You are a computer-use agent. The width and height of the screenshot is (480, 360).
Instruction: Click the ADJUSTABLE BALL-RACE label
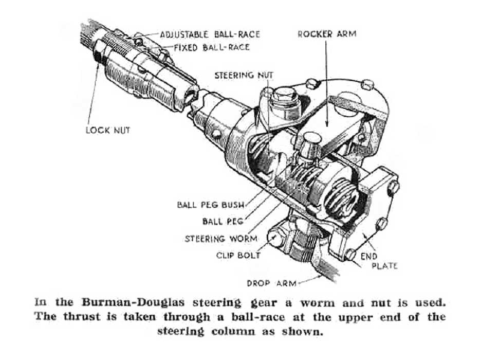(209, 34)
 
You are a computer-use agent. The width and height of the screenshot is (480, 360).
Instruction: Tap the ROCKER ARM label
(326, 34)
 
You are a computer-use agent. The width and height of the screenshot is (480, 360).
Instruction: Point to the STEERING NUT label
(244, 75)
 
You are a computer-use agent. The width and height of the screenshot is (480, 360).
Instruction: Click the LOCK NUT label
(107, 130)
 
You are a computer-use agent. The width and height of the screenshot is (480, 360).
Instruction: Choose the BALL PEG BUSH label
(211, 204)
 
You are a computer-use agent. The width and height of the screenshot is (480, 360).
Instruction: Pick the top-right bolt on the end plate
(394, 188)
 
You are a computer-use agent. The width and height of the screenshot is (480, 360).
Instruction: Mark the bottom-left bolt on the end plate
(350, 254)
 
